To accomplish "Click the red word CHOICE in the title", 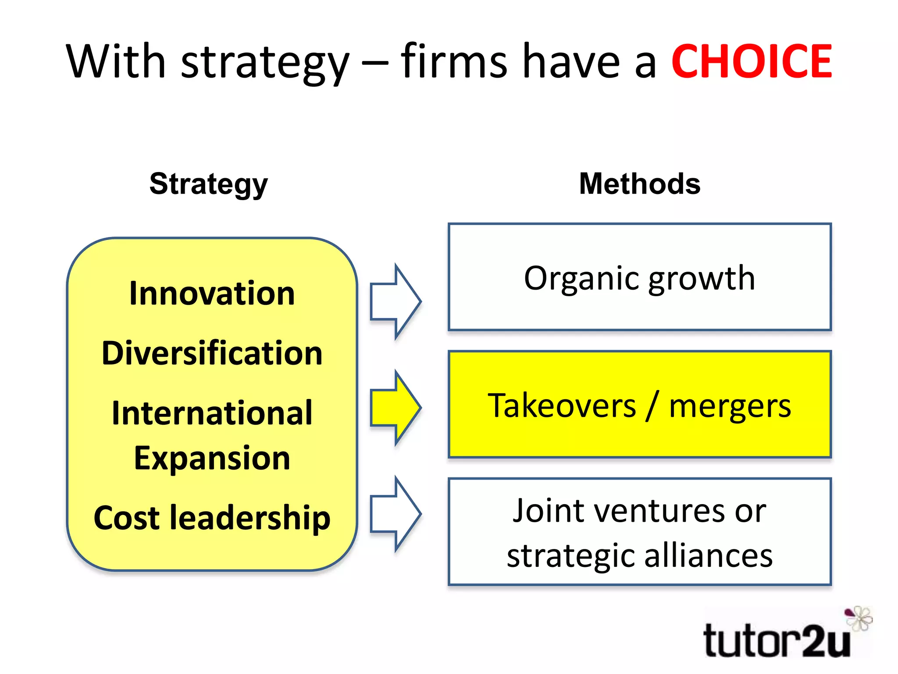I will point(751,61).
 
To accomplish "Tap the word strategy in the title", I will point(265,61).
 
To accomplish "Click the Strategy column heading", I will point(208,184).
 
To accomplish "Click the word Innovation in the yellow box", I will point(212,293).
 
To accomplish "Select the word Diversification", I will point(212,353).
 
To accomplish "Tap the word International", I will point(212,413).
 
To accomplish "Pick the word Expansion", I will point(212,459).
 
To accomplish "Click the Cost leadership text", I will point(212,518).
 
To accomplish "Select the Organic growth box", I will point(640,277).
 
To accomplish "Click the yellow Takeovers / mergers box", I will point(640,404).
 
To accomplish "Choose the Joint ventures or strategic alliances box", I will point(640,531).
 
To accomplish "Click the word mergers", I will point(730,406).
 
